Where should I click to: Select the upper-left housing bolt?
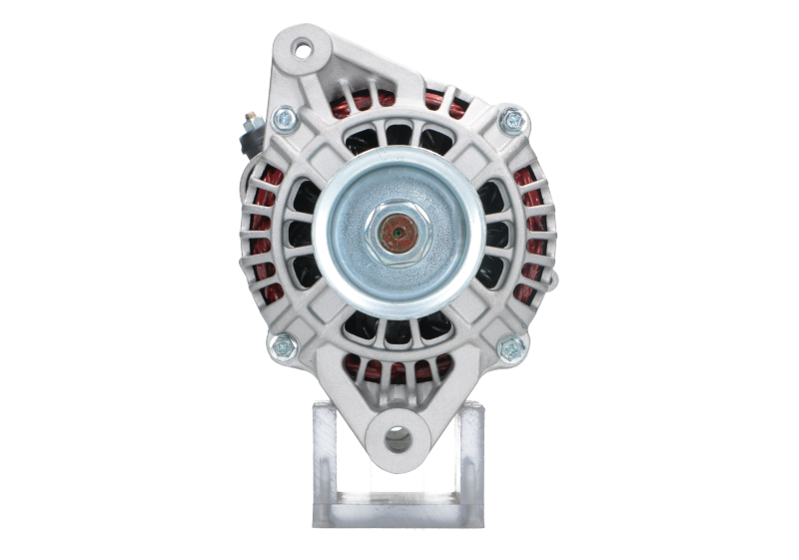tap(283, 121)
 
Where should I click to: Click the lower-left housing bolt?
tap(283, 346)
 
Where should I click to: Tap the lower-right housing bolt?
tap(512, 347)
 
